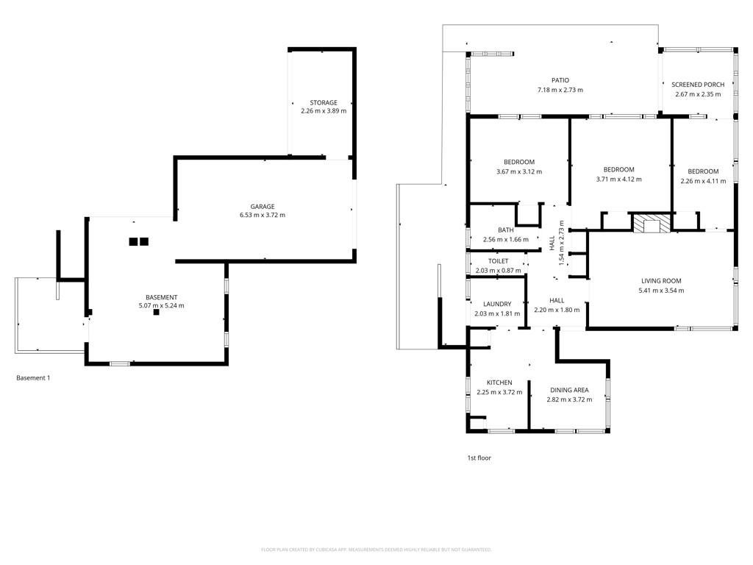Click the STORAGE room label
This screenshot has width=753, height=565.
click(x=324, y=102)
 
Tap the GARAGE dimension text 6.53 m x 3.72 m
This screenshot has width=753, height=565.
click(x=263, y=215)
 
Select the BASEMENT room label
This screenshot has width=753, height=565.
click(x=161, y=297)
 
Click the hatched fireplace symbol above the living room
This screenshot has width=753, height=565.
click(x=652, y=224)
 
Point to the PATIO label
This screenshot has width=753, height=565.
click(x=560, y=80)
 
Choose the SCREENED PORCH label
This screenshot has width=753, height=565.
click(x=698, y=85)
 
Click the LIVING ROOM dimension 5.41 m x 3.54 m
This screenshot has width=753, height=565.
click(x=661, y=290)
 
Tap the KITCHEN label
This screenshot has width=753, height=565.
click(x=499, y=383)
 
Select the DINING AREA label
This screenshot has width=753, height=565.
click(x=569, y=390)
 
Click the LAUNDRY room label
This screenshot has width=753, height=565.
click(x=497, y=304)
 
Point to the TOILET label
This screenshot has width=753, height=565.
click(x=498, y=261)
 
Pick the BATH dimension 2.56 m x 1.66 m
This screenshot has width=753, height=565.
click(x=506, y=239)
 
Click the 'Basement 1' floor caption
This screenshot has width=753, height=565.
click(x=33, y=377)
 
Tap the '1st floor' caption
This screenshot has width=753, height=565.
click(x=479, y=458)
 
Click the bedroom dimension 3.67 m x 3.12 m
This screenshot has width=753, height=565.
click(x=519, y=171)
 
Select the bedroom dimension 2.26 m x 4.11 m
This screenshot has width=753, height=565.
click(x=703, y=181)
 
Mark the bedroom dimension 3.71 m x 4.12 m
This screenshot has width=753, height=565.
click(x=618, y=180)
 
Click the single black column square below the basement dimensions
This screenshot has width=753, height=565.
click(x=156, y=312)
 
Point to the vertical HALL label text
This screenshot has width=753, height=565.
click(x=552, y=243)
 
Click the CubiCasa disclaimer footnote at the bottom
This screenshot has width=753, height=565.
click(x=376, y=549)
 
